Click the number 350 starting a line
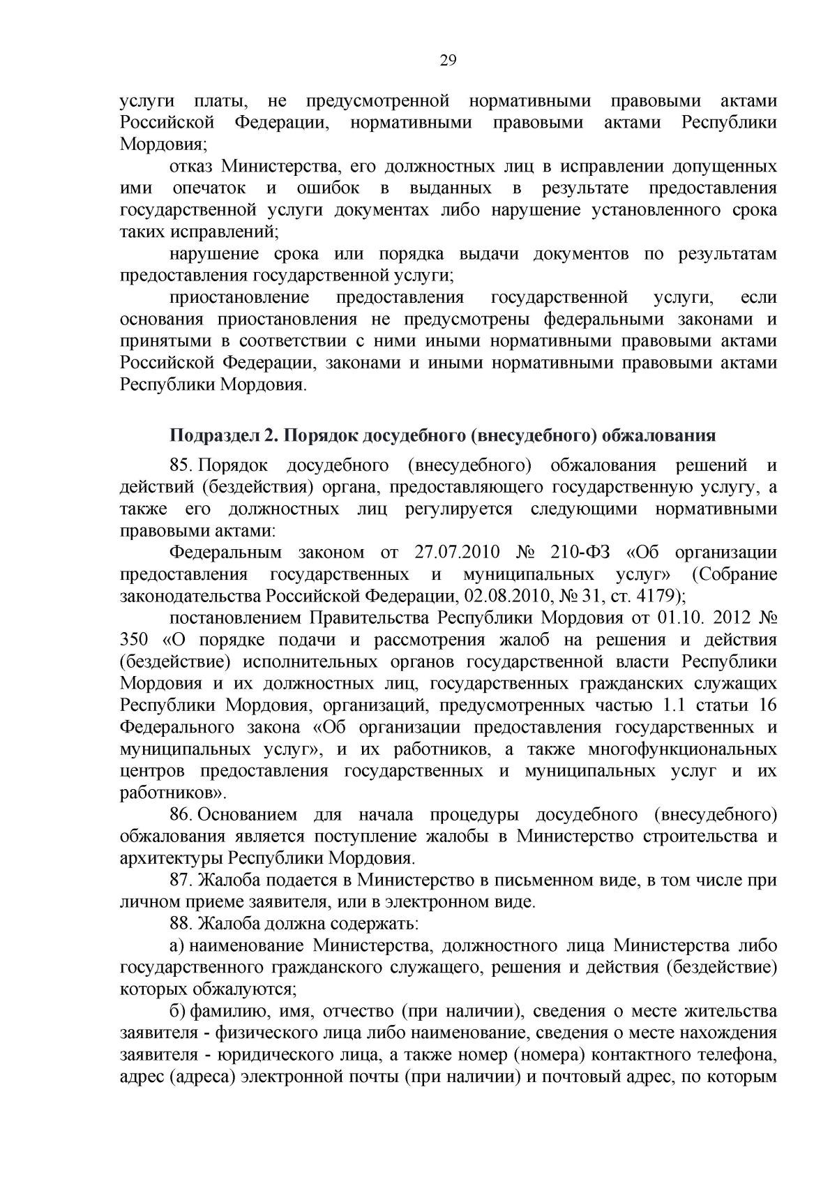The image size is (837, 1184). point(134,640)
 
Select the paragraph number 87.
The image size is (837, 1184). point(181,880)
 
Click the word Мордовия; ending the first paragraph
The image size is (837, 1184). point(164,144)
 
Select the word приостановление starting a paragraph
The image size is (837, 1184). point(239,298)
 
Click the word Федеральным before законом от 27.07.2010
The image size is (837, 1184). point(225,553)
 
